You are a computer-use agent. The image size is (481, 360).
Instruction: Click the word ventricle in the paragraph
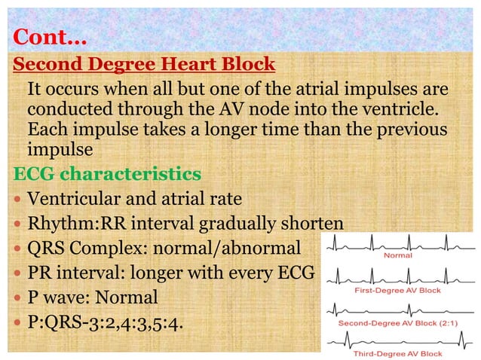(400, 111)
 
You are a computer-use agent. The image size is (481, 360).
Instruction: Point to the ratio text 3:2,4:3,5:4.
(139, 322)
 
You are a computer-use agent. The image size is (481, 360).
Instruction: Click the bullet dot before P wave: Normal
(18, 297)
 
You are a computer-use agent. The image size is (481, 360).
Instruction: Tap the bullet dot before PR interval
(18, 273)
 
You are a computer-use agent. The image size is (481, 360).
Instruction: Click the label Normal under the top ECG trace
(398, 255)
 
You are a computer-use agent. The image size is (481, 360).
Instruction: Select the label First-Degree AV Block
(398, 289)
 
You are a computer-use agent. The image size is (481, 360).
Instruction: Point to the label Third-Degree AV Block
(398, 353)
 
